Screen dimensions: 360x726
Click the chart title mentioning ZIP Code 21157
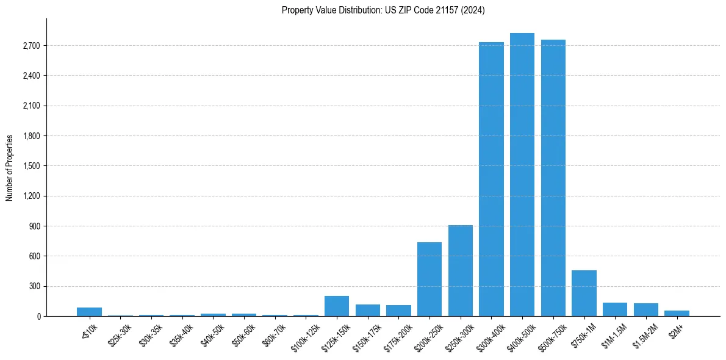tap(383, 10)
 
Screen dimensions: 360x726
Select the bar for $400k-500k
tap(522, 175)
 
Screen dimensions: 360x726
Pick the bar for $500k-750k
tap(553, 178)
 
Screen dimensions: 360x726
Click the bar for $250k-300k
tap(461, 270)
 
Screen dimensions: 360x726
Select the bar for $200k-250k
tap(429, 279)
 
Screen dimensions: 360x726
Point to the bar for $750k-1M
tap(584, 293)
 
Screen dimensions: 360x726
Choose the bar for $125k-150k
tap(337, 306)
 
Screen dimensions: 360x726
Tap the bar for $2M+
tap(677, 313)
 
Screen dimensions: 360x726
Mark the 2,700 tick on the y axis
tap(31, 46)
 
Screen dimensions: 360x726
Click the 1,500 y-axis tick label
tap(31, 166)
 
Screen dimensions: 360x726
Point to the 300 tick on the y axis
tap(35, 286)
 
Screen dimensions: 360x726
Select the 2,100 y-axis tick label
tap(31, 106)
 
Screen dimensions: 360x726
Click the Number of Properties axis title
tap(10, 167)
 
